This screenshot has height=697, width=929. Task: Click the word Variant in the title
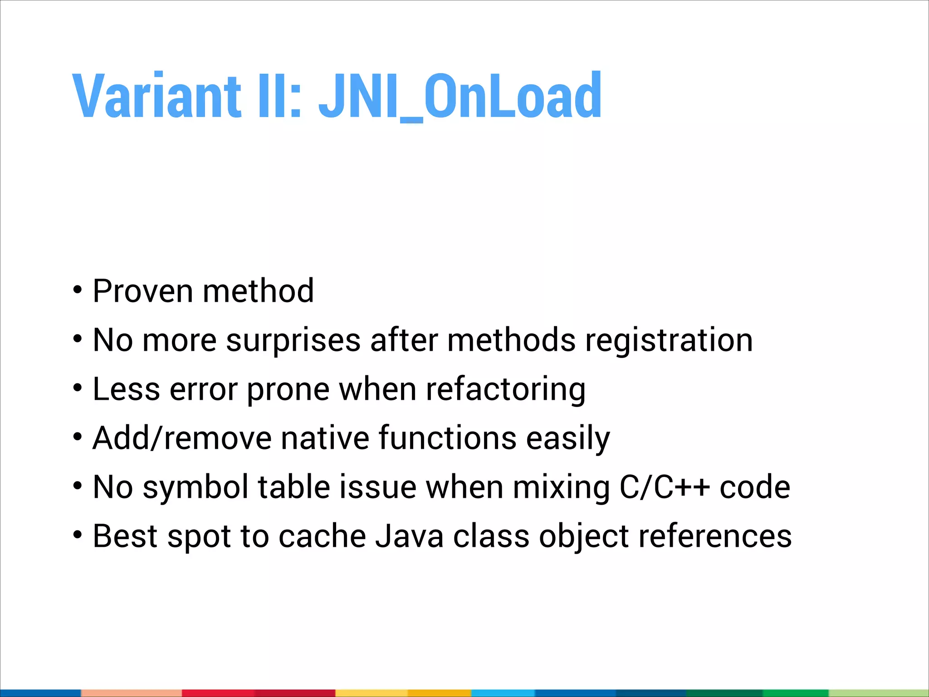[156, 96]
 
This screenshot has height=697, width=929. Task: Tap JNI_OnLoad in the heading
[460, 96]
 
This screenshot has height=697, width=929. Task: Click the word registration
[669, 340]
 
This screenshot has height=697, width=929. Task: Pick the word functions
[447, 438]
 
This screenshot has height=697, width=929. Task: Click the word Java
[410, 536]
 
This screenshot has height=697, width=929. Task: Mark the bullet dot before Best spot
[78, 535]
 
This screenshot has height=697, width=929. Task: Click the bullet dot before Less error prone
[78, 388]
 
